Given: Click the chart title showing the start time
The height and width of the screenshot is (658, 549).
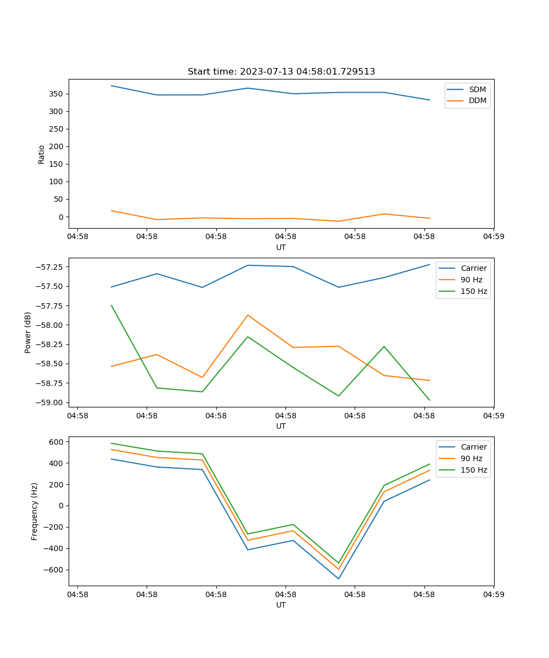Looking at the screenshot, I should [281, 71].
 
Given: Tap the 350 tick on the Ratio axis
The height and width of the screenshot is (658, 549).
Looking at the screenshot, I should [58, 94].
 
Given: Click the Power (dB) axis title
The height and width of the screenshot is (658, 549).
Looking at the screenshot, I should [28, 332].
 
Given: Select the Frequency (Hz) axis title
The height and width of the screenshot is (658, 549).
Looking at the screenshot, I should [35, 511].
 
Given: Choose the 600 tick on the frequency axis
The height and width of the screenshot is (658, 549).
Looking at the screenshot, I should [57, 441].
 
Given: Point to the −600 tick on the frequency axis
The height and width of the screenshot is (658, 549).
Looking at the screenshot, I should [55, 570].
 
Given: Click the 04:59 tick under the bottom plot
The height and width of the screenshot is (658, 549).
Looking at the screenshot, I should [493, 593].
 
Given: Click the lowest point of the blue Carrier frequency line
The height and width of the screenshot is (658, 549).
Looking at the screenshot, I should [338, 578].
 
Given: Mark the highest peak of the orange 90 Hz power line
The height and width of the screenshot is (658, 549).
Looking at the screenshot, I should [248, 315].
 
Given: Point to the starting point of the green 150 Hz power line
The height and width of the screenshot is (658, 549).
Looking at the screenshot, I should [111, 305].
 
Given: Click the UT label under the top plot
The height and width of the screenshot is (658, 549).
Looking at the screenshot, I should [281, 247].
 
